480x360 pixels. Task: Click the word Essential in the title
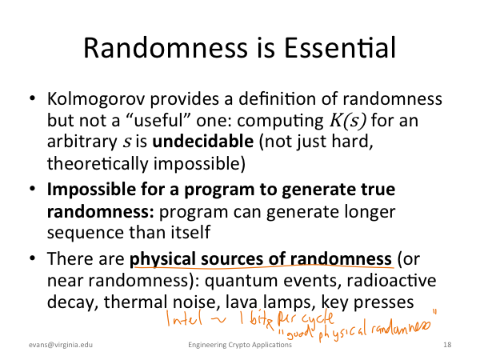(340, 48)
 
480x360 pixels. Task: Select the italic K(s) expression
(347, 121)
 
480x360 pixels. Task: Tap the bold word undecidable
(202, 142)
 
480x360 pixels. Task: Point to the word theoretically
(98, 163)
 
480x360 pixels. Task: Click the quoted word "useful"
(158, 120)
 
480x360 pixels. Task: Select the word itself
(190, 232)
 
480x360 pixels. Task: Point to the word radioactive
(391, 281)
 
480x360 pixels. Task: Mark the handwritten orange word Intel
(184, 318)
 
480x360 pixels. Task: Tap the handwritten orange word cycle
(318, 318)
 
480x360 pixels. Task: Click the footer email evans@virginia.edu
(61, 345)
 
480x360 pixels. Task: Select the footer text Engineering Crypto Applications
(240, 345)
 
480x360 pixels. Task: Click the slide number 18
(447, 345)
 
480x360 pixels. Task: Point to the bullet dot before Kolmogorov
(33, 98)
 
